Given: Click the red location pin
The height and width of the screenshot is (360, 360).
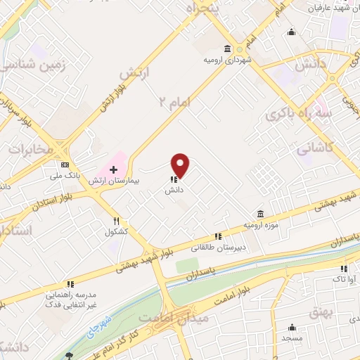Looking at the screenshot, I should [x=181, y=166].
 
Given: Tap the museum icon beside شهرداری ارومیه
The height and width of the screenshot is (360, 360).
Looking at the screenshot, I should [x=227, y=49].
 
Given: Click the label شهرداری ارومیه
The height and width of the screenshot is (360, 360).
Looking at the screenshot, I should [x=227, y=59].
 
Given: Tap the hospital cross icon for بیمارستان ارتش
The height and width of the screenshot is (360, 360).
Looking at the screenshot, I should [x=112, y=170].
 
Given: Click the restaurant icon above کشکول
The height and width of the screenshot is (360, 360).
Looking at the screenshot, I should [x=116, y=220].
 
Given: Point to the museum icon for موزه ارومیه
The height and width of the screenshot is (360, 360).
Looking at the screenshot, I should [x=260, y=214].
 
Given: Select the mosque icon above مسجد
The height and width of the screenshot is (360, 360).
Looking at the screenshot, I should [x=292, y=328].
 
